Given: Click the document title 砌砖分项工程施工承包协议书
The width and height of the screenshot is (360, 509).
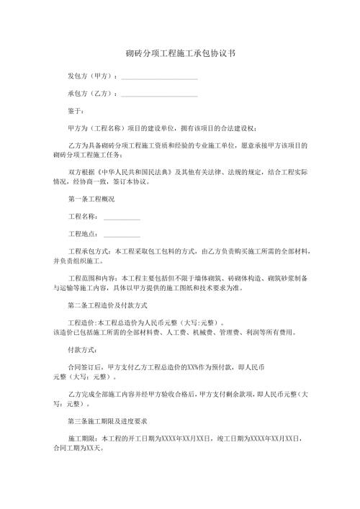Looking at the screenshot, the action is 180,54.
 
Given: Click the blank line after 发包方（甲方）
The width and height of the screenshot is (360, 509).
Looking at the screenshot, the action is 159,76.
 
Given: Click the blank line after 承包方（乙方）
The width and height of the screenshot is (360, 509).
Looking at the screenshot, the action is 159,94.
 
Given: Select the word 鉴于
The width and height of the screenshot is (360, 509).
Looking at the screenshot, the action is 76,111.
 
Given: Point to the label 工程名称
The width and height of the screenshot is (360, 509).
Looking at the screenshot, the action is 82,216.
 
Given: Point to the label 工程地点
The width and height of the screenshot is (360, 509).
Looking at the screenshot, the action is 82,233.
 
